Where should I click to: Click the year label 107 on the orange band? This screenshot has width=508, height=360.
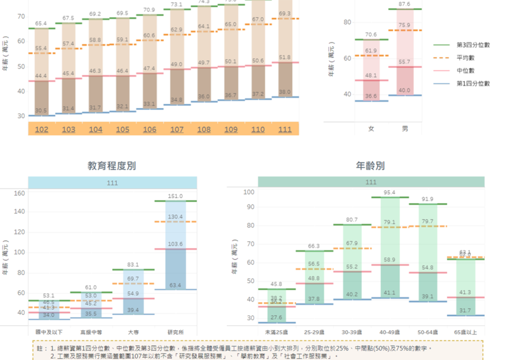click(177, 130)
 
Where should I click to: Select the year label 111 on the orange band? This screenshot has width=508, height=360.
click(285, 130)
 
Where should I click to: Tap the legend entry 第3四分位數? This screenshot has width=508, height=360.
click(473, 45)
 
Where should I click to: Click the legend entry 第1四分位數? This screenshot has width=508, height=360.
click(473, 83)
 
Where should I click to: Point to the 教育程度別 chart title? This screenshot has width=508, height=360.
click(111, 166)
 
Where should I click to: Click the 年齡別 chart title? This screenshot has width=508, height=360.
click(370, 166)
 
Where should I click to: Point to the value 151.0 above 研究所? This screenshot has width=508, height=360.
click(175, 196)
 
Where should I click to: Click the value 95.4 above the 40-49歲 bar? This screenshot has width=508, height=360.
click(389, 192)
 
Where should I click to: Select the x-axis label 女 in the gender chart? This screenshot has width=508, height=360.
click(371, 129)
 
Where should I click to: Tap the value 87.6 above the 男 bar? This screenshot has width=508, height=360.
click(405, 4)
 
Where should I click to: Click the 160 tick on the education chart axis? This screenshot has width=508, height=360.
click(19, 193)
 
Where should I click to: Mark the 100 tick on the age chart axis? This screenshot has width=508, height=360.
click(249, 192)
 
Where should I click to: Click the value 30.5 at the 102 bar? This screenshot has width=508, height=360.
click(41, 110)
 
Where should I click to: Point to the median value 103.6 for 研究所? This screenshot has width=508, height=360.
click(175, 244)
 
